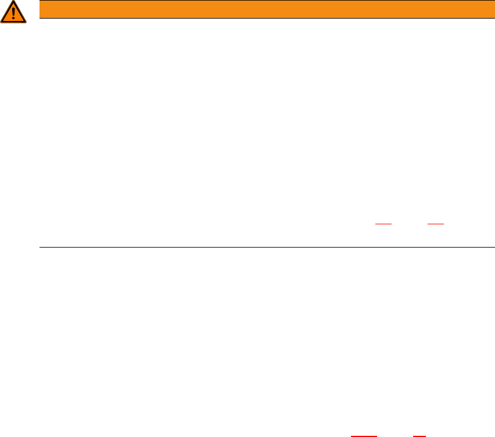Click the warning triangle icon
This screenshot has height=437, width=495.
13,13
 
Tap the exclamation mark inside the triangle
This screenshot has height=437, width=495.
13,14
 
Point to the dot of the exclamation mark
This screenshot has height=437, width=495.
13,19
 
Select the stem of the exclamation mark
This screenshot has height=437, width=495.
13,12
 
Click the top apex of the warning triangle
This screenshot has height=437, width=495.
13,2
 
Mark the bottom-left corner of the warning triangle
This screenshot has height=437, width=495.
2,22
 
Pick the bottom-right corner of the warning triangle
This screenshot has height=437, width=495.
26,22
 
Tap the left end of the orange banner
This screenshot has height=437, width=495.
41,9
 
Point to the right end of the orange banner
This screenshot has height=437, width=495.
493,9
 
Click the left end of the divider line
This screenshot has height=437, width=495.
40,247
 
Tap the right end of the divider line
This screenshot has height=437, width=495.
494,247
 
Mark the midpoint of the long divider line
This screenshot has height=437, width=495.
267,247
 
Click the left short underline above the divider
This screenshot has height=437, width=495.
383,223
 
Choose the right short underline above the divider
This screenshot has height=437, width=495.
436,223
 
